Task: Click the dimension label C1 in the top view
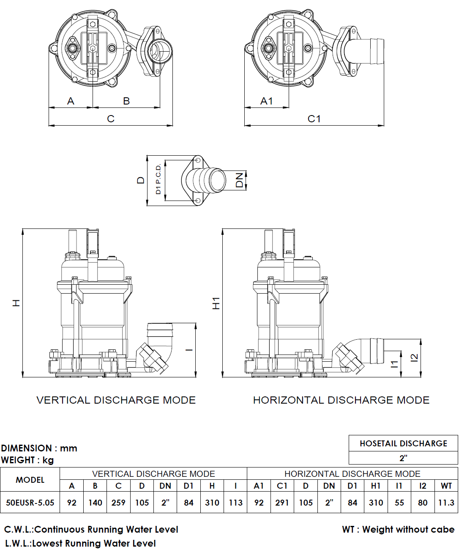[x=314, y=119]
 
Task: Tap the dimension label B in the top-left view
[x=126, y=101]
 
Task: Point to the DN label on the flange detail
[x=240, y=180]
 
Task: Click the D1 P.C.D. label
[x=158, y=179]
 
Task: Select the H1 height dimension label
[x=216, y=303]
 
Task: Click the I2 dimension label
[x=415, y=357]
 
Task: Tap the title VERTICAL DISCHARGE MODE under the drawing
[x=116, y=400]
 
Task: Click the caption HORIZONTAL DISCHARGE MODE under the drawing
[x=341, y=400]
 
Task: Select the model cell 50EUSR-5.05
[x=30, y=503]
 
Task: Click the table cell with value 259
[x=118, y=503]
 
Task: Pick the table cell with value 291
[x=282, y=503]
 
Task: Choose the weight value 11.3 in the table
[x=446, y=503]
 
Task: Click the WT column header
[x=446, y=486]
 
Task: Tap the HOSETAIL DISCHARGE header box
[x=403, y=443]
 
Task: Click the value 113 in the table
[x=235, y=503]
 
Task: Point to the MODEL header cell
[x=30, y=480]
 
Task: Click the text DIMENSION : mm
[x=39, y=448]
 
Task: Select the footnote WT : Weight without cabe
[x=398, y=529]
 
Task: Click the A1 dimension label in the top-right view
[x=267, y=101]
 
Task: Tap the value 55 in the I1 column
[x=399, y=503]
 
